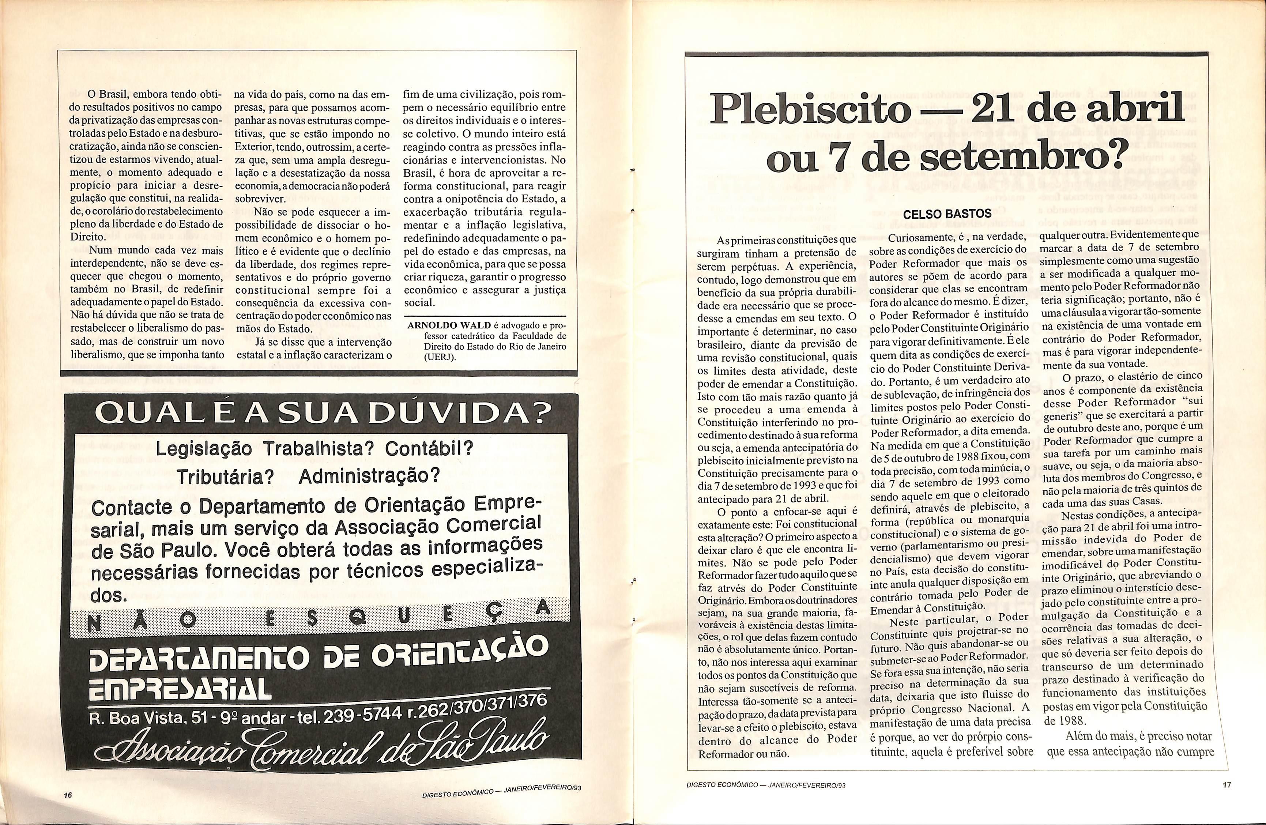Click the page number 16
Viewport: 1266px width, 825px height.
[67, 795]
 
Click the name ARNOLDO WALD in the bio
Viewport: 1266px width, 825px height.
[449, 325]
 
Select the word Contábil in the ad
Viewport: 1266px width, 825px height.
[428, 448]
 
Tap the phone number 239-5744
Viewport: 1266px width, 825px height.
[362, 716]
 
